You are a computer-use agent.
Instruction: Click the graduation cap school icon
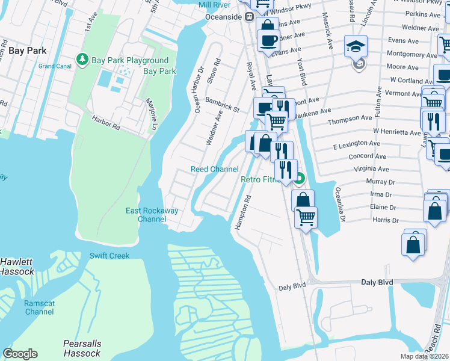pyautogui.click(x=356, y=45)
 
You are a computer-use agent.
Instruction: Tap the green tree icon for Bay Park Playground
pyautogui.click(x=82, y=60)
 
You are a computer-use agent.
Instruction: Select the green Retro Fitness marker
pyautogui.click(x=299, y=179)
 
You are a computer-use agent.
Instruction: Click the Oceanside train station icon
pyautogui.click(x=248, y=17)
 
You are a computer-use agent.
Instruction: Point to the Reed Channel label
pyautogui.click(x=214, y=170)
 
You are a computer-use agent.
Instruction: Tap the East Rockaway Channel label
pyautogui.click(x=146, y=215)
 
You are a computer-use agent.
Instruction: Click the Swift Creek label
pyautogui.click(x=109, y=256)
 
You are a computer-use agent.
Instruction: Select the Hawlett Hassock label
pyautogui.click(x=17, y=267)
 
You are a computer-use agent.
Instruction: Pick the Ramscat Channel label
pyautogui.click(x=39, y=308)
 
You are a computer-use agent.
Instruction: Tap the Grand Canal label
pyautogui.click(x=55, y=66)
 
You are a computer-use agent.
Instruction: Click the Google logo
pyautogui.click(x=20, y=354)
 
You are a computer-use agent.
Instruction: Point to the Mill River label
pyautogui.click(x=215, y=5)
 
